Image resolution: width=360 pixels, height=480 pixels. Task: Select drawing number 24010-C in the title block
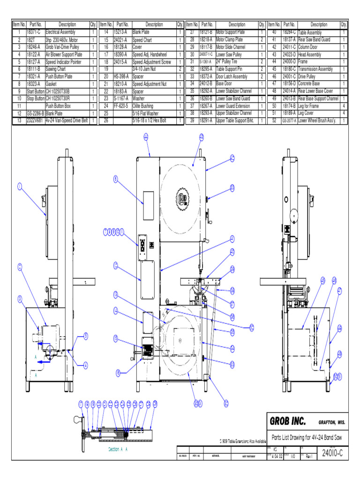pos(332,453)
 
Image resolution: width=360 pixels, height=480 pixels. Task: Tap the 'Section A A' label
pos(118,449)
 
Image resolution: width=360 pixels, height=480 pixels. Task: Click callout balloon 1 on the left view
pos(20,187)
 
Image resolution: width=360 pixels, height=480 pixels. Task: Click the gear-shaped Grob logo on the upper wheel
pos(183,198)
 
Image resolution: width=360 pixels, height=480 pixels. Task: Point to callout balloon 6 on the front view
pos(115,178)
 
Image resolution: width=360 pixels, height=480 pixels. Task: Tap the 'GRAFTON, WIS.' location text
pos(332,422)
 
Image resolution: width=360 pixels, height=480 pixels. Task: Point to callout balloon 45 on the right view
pos(322,280)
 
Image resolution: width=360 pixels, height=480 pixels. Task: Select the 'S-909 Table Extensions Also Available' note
pos(243,441)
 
